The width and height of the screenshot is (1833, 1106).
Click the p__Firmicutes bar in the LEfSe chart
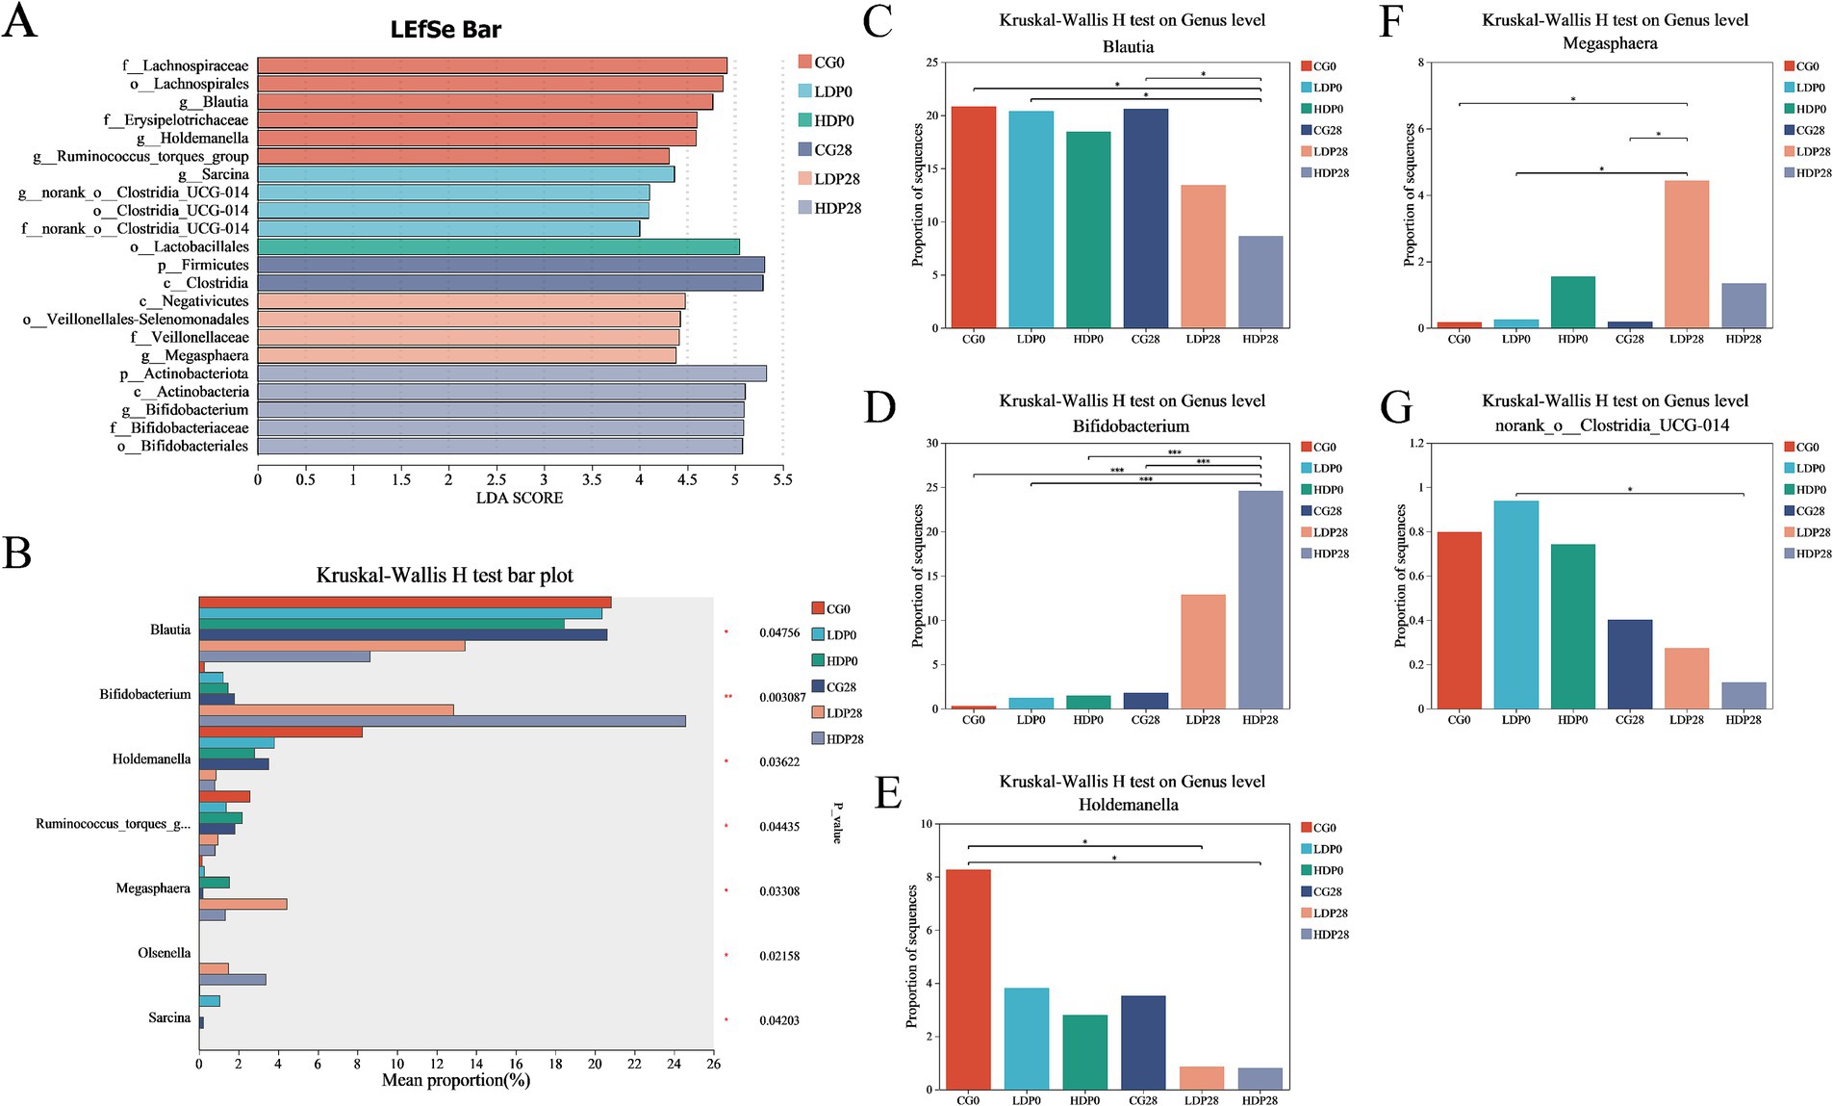click(510, 265)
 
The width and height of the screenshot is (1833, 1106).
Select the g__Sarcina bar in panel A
click(466, 174)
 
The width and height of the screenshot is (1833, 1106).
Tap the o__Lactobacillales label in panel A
click(190, 247)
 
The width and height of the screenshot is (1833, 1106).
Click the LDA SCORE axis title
click(520, 498)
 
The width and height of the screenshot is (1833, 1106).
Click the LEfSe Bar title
click(446, 30)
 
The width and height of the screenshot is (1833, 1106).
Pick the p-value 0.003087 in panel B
click(781, 697)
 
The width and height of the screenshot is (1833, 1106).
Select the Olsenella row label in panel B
click(164, 953)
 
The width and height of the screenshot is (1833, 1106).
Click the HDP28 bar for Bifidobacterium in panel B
click(442, 721)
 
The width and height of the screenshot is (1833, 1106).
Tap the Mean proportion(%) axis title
click(455, 1080)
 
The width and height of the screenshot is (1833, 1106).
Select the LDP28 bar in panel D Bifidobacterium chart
click(1203, 652)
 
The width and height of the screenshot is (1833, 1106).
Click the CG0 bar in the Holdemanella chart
click(968, 979)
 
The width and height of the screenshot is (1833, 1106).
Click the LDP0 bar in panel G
click(1515, 604)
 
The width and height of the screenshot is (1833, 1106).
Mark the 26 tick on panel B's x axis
click(713, 1064)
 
